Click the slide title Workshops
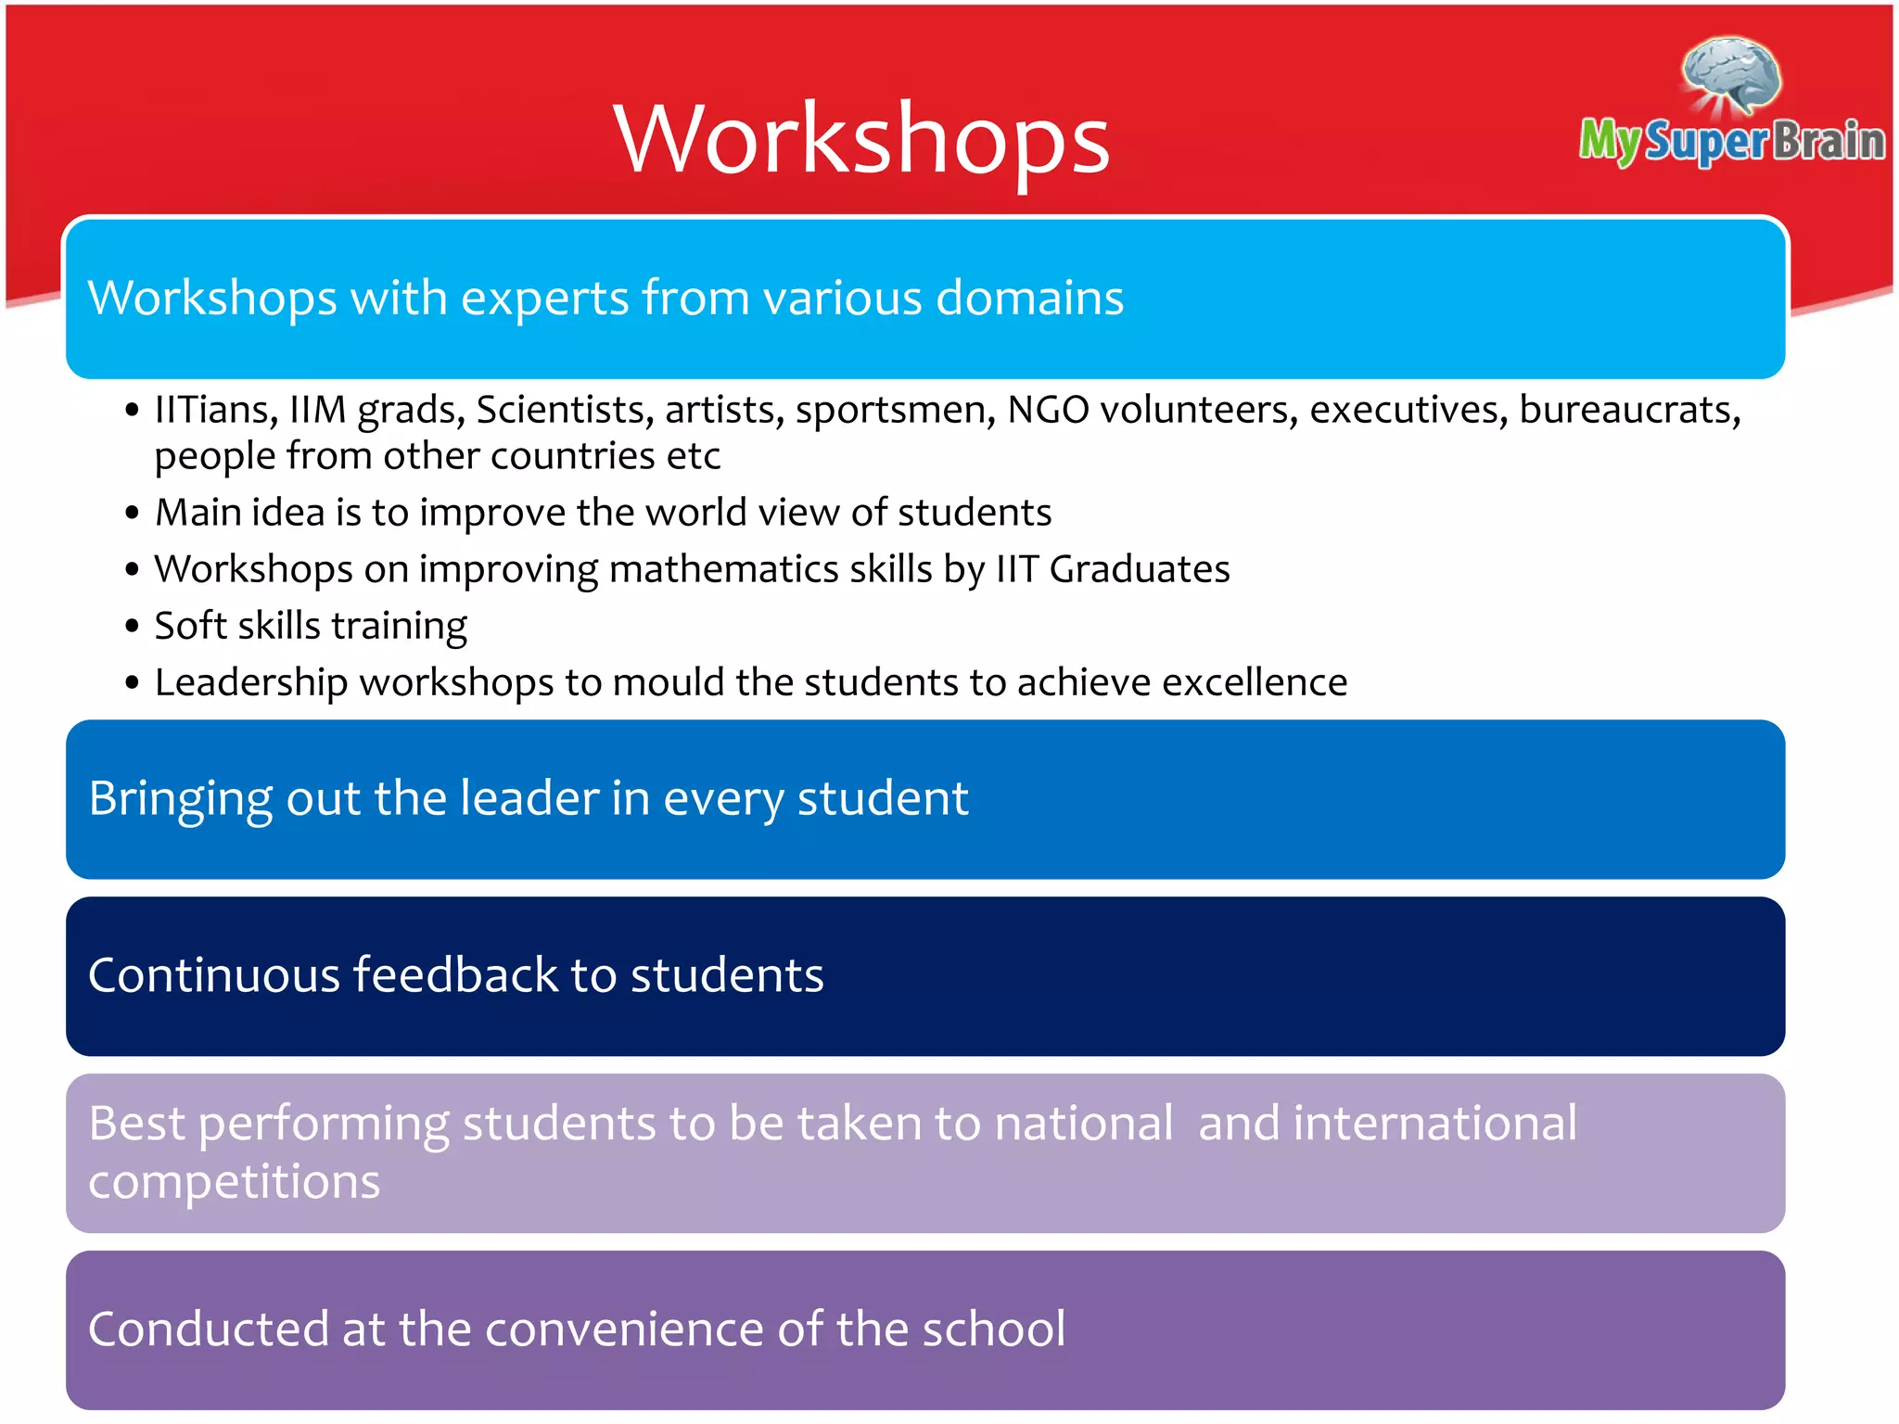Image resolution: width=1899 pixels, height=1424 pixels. pos(861,139)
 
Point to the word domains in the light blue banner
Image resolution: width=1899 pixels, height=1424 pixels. pos(1029,299)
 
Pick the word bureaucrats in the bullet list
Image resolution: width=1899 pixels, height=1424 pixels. pos(1630,410)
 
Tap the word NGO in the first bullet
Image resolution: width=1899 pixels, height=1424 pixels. pos(1048,410)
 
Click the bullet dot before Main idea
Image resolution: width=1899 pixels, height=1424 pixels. pos(133,513)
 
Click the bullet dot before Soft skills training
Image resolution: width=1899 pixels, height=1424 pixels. pos(133,627)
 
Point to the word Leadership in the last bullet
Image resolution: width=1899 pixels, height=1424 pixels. pos(251,683)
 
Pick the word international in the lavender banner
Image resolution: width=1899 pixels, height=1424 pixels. pos(1434,1124)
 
